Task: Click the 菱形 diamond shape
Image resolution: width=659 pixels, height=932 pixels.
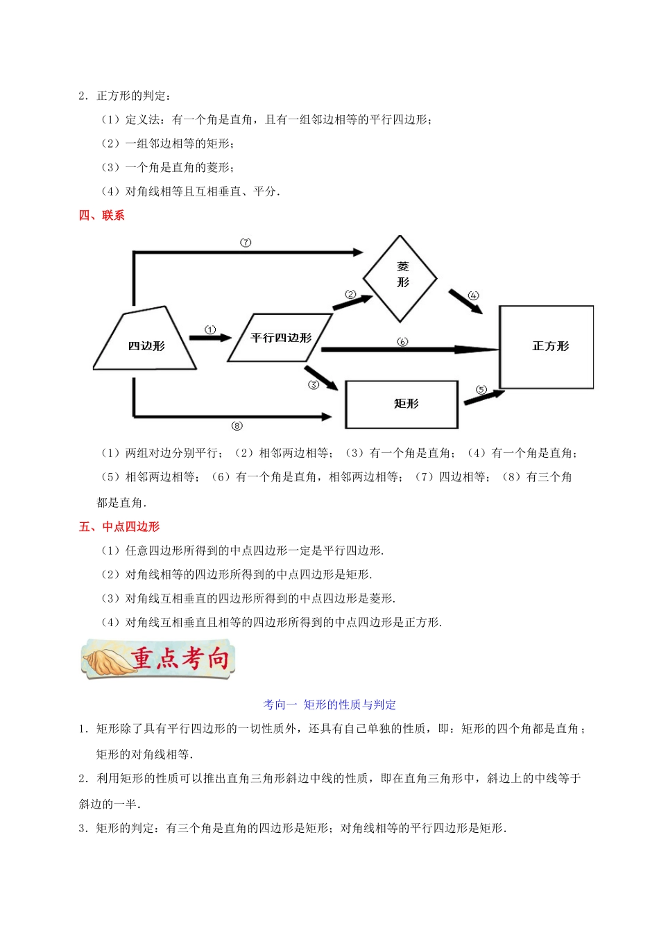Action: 400,279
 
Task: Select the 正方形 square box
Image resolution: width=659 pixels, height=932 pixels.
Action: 547,347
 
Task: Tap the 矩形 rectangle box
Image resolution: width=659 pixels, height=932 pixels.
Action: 402,404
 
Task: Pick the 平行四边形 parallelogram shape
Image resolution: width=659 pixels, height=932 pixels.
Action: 280,338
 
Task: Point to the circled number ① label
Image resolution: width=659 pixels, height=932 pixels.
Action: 211,329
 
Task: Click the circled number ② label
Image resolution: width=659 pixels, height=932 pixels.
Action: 350,295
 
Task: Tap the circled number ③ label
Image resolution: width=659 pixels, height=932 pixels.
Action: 314,385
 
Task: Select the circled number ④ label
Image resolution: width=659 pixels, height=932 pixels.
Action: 474,295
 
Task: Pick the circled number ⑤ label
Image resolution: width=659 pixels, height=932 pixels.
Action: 481,390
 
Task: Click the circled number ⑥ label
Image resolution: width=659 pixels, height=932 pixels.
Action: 402,341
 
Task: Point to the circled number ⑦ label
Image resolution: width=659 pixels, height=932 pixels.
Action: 246,242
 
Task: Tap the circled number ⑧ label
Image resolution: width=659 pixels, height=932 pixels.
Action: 237,426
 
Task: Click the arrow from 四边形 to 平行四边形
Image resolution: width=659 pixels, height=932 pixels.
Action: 210,338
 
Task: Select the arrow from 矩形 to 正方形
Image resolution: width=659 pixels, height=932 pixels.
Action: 483,397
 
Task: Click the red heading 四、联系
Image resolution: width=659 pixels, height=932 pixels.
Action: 101,216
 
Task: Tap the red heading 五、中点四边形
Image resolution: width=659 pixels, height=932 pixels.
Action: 119,527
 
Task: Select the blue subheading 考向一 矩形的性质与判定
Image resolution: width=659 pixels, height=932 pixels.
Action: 329,705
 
